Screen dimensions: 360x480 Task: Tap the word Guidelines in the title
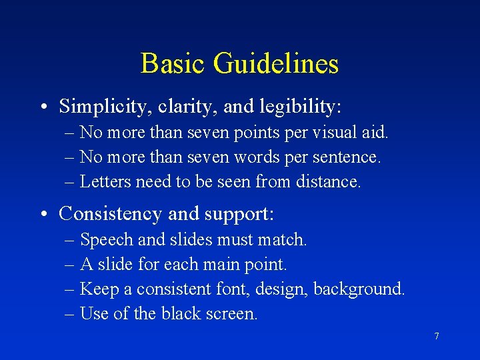(x=276, y=64)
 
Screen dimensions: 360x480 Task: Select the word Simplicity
(x=101, y=106)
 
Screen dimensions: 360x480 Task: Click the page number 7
(x=437, y=336)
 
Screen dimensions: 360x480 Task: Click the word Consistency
(x=110, y=213)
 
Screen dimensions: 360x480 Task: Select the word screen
(x=234, y=314)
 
